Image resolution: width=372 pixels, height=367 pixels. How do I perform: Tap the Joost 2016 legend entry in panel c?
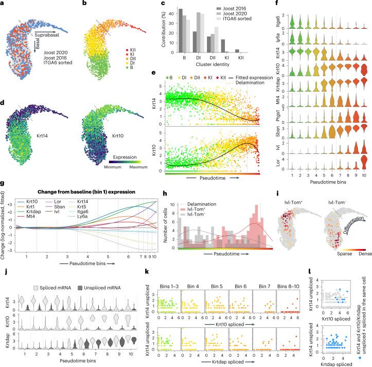pos(219,8)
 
